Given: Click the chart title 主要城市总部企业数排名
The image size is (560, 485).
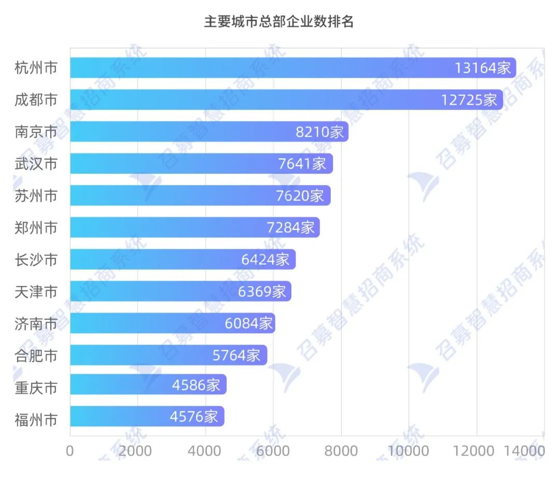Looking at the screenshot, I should click(278, 22).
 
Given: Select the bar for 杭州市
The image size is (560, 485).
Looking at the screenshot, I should click(259, 68).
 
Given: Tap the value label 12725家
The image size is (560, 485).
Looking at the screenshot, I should click(469, 100).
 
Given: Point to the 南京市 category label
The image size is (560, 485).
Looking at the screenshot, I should click(36, 132).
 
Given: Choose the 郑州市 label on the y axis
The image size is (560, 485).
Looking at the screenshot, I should click(36, 227).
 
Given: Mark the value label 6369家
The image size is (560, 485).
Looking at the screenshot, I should click(262, 292).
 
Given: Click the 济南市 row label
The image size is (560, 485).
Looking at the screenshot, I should click(36, 324).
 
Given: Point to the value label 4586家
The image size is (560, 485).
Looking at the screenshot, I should click(196, 385).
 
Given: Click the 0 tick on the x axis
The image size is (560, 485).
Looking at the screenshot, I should click(70, 451).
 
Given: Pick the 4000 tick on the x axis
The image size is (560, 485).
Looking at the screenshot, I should click(205, 451).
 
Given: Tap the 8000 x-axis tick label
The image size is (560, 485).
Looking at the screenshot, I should click(341, 451).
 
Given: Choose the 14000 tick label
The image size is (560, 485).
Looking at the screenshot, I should click(524, 451).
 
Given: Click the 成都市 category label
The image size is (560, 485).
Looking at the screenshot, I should click(36, 99).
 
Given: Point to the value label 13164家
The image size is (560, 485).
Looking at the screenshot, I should click(483, 68).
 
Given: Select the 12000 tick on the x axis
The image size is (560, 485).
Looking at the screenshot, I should click(475, 451).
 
